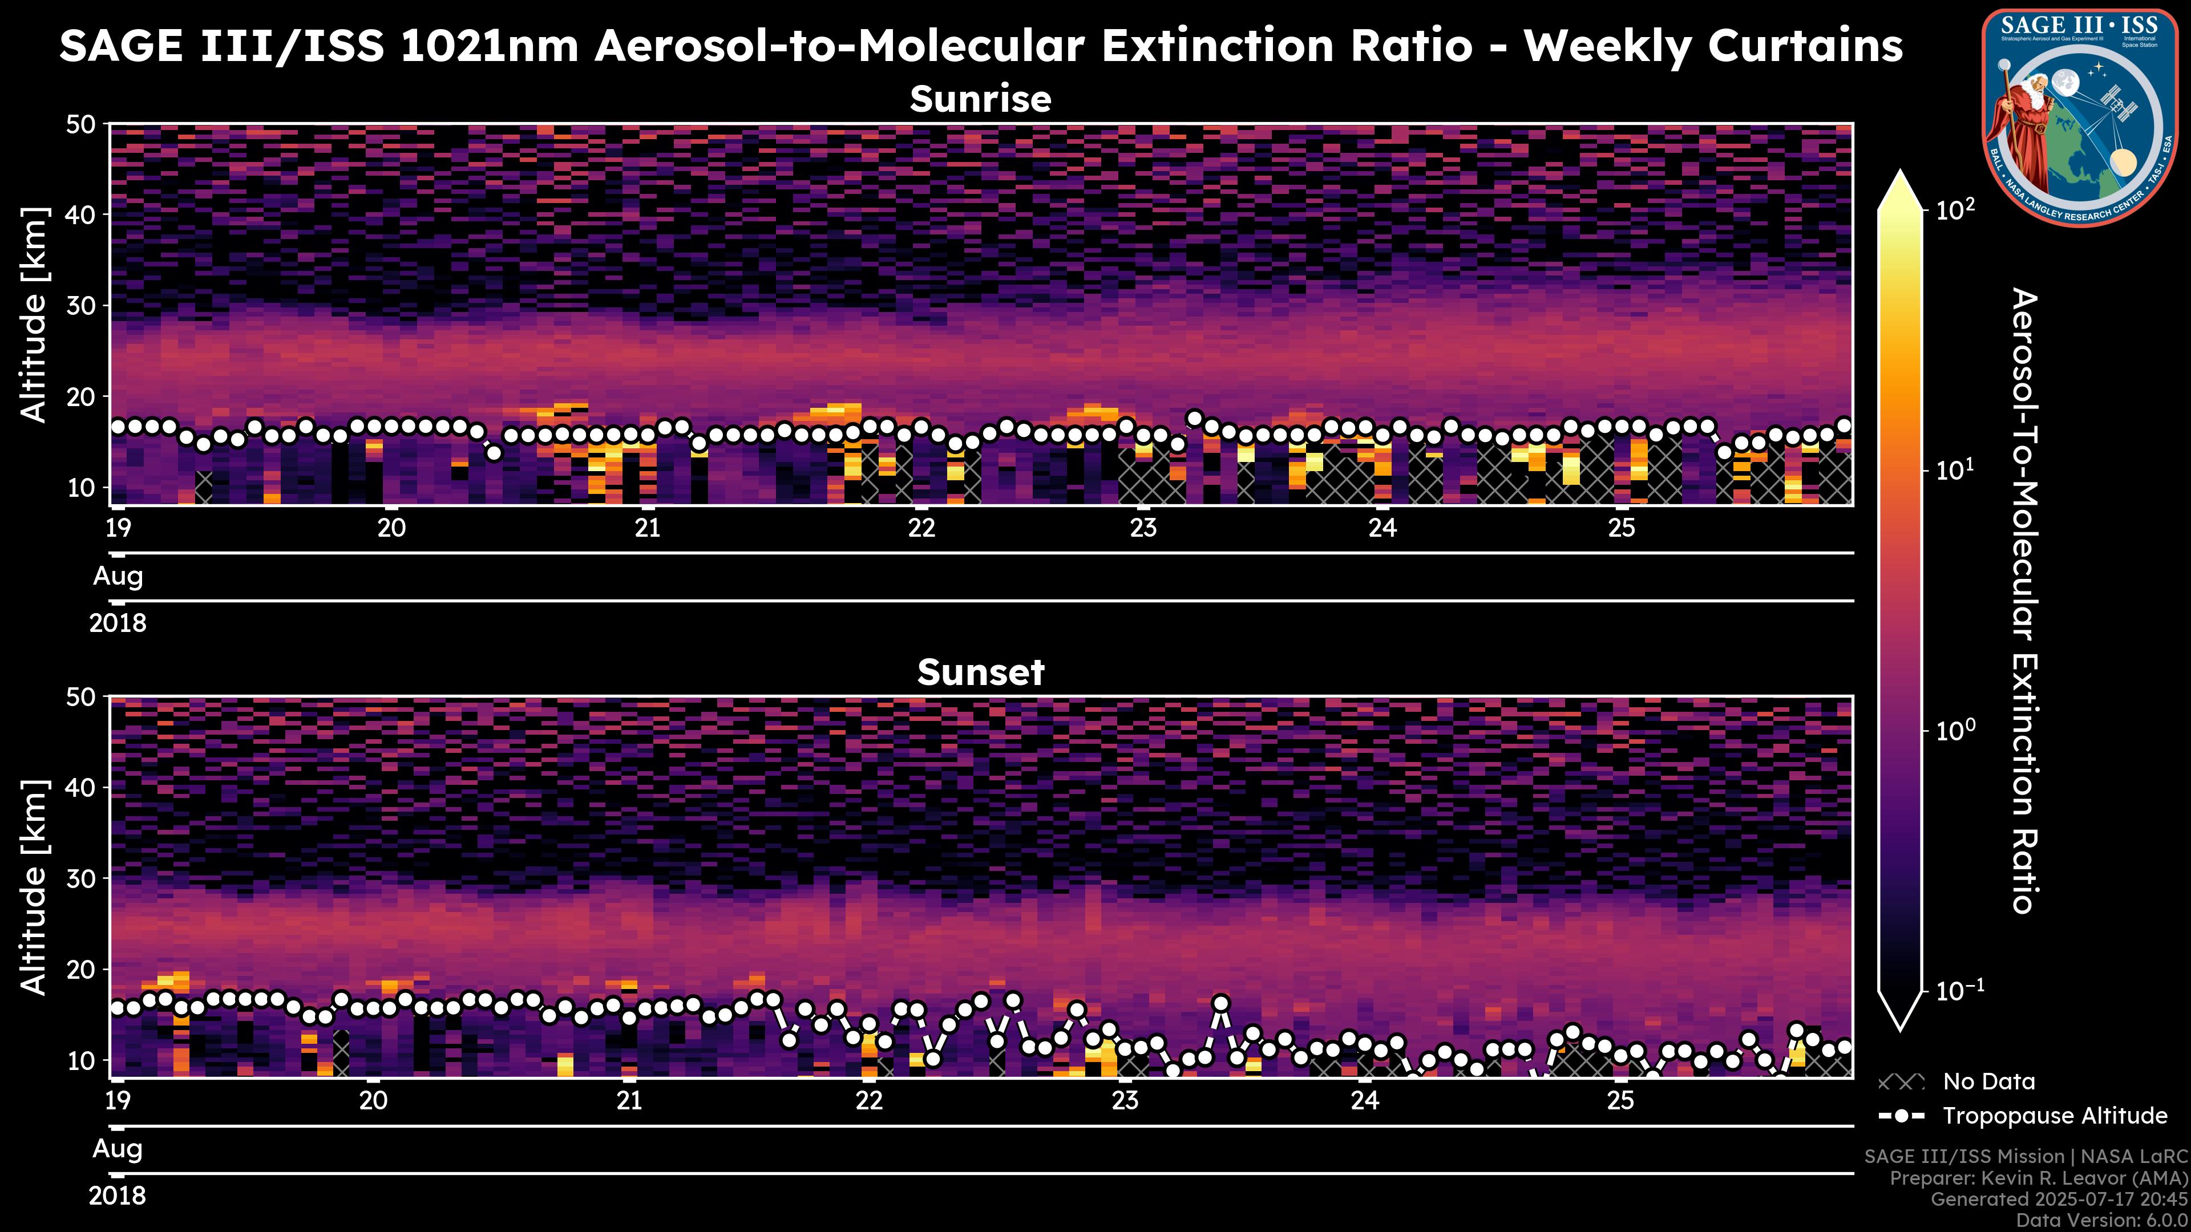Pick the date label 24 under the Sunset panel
pyautogui.click(x=1364, y=1101)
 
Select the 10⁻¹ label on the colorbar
pyautogui.click(x=1959, y=991)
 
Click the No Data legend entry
pyautogui.click(x=1988, y=1081)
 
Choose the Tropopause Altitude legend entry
pyautogui.click(x=2054, y=1116)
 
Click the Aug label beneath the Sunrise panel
pyautogui.click(x=118, y=577)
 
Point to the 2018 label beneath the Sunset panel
pyautogui.click(x=118, y=1195)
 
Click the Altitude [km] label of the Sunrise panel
pyautogui.click(x=34, y=315)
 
